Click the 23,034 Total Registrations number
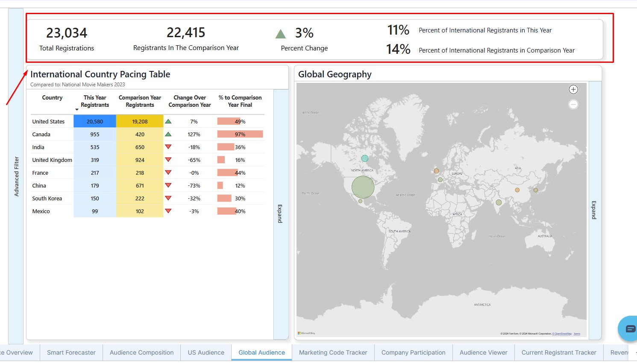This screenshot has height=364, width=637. [x=67, y=33]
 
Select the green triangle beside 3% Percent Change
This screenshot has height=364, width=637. [x=280, y=34]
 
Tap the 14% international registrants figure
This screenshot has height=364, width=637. [x=398, y=50]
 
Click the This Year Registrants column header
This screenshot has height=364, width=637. [x=95, y=101]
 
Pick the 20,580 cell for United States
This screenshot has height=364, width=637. [x=95, y=121]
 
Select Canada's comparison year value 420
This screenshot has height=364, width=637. [x=140, y=134]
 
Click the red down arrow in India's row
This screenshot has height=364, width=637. [x=168, y=147]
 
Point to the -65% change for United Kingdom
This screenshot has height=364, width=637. [x=194, y=160]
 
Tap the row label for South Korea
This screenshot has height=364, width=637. [x=47, y=198]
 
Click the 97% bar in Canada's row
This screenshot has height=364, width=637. [x=240, y=134]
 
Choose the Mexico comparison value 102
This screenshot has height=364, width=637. [x=140, y=211]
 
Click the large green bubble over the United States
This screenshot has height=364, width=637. [x=363, y=187]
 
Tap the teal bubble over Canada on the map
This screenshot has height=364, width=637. [x=364, y=159]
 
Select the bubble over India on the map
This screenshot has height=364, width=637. [x=499, y=203]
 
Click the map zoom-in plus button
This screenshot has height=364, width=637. [x=573, y=89]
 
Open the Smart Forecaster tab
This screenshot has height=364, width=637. [x=71, y=352]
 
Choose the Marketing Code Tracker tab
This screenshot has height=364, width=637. [x=333, y=352]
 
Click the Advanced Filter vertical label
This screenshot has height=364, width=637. [x=16, y=176]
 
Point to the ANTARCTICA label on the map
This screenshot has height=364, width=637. [x=482, y=305]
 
